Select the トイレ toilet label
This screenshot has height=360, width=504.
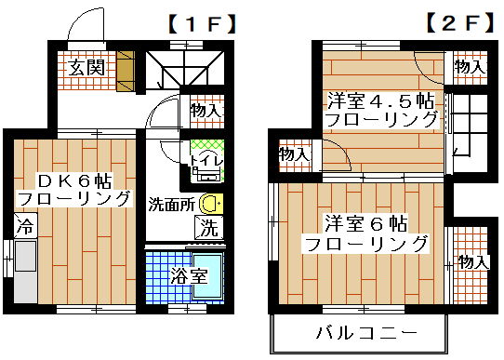point(205,161)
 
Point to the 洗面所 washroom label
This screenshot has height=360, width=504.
point(171,202)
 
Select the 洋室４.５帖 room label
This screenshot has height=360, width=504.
point(380,100)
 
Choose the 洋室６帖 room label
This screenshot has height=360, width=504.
point(365,224)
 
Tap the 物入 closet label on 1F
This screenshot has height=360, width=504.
point(207,112)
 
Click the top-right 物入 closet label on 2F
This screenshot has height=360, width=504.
point(469,67)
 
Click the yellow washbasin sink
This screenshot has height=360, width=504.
point(212,203)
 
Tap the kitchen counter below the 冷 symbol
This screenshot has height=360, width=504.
point(23,271)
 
